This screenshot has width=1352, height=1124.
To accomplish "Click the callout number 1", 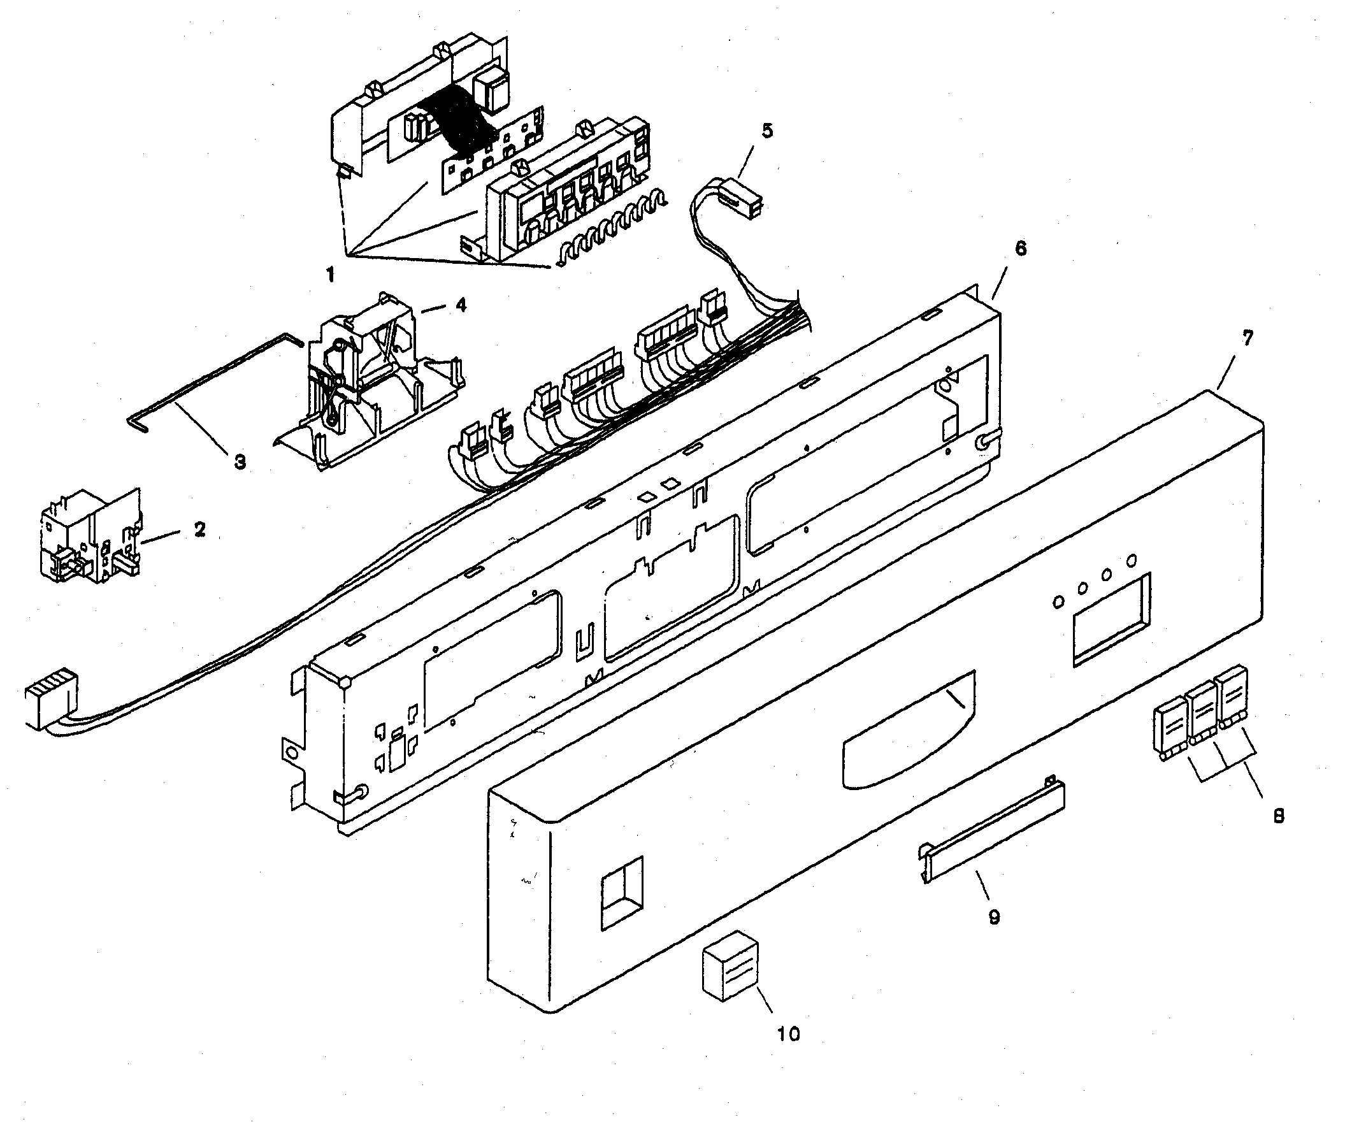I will (329, 275).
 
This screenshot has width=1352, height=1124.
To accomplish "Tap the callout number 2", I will (199, 529).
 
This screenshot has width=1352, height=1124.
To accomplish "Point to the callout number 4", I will (461, 305).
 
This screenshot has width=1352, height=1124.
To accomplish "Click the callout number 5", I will (766, 131).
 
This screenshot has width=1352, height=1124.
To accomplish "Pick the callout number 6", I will (1021, 249).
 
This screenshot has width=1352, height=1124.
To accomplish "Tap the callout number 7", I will (1248, 337).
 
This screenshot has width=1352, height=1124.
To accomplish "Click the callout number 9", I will (994, 917).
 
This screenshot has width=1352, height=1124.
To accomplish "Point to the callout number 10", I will (788, 1035).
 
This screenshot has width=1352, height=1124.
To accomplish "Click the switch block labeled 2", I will (90, 538).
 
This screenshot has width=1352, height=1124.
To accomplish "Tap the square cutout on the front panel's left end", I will (621, 891).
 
